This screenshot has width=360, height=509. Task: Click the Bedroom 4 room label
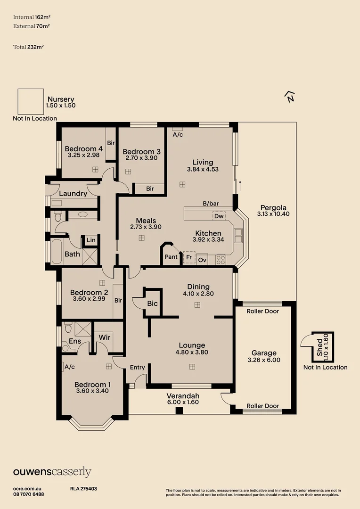coord(83,148)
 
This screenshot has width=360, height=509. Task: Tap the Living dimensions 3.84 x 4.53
coord(203,169)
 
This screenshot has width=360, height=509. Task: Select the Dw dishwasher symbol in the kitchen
coord(219,216)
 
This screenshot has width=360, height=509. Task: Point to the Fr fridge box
coord(189,258)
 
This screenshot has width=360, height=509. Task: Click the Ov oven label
coord(202,260)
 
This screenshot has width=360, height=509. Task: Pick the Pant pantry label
coord(171,257)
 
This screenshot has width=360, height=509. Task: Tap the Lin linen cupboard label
coord(91,240)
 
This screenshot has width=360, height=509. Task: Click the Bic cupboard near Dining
coord(152,304)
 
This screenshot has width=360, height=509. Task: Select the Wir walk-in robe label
coord(105,337)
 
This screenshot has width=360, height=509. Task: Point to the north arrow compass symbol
coord(290,97)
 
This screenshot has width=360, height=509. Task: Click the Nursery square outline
coord(31,101)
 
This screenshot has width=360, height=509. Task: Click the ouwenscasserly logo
coord(52,472)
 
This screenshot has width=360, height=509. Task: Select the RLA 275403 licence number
coord(83,489)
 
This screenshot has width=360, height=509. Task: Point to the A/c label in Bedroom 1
coord(70,366)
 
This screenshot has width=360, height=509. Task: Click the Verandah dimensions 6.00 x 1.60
coord(183,402)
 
